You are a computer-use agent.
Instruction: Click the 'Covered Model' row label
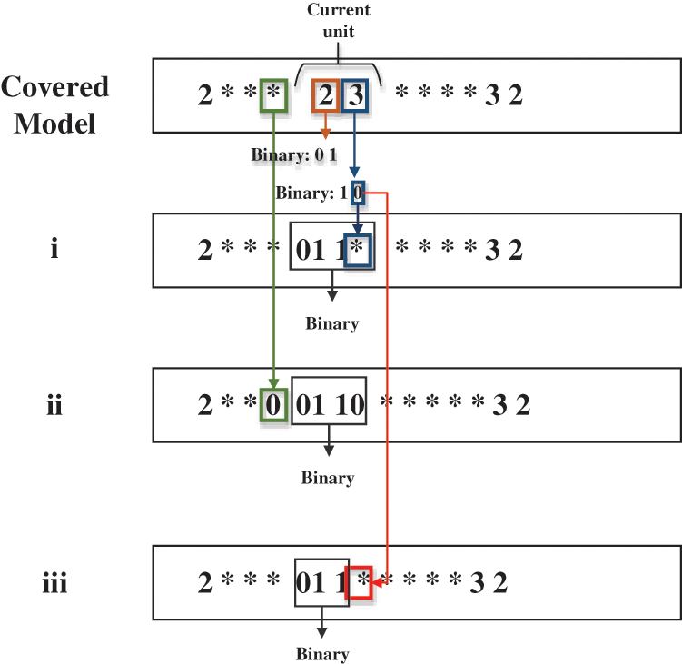(54, 104)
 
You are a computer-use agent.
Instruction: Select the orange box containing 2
(326, 95)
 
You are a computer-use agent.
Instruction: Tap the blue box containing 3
(355, 95)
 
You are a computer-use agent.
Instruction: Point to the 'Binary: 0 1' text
(294, 154)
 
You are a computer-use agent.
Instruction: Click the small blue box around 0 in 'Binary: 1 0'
(359, 193)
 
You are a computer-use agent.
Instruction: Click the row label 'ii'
(54, 404)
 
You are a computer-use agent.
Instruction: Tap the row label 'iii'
(54, 582)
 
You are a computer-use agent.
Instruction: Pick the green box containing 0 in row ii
(273, 404)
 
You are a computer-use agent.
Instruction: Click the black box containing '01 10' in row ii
(329, 404)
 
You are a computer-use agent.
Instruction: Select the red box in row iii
(361, 582)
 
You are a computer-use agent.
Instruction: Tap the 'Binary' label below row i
(331, 323)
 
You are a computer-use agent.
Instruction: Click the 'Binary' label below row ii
(328, 478)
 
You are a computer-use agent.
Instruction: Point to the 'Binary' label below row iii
(321, 654)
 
